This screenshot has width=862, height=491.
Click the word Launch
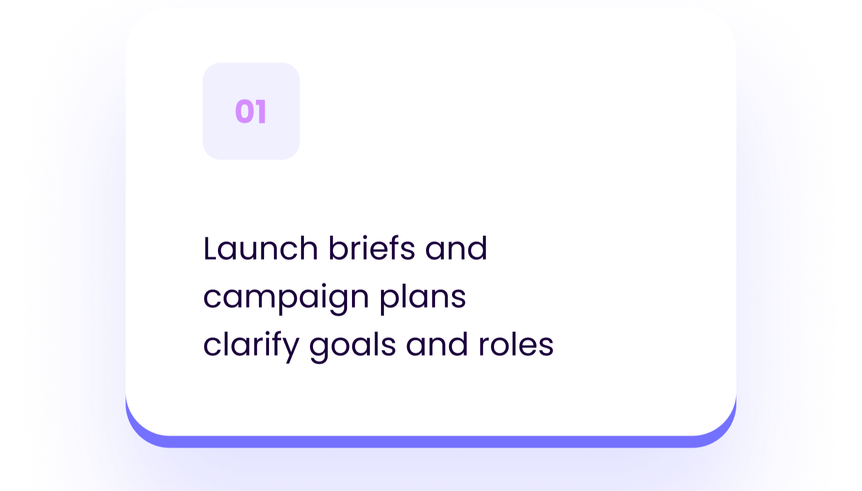[260, 248]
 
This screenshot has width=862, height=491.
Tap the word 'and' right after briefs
[456, 248]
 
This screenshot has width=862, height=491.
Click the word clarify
[251, 345]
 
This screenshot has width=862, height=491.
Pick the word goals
[352, 345]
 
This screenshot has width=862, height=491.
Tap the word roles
[516, 345]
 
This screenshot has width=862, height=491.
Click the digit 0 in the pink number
[244, 111]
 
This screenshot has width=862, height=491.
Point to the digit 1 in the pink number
[261, 111]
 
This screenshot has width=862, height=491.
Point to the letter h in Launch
[309, 248]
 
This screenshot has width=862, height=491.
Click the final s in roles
[546, 345]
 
